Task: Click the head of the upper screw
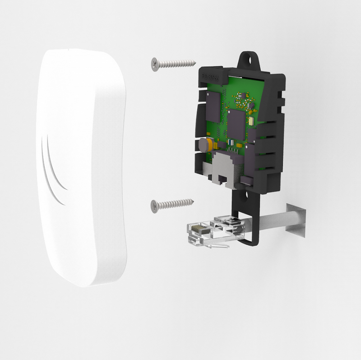(155, 64)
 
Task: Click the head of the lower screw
(155, 206)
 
